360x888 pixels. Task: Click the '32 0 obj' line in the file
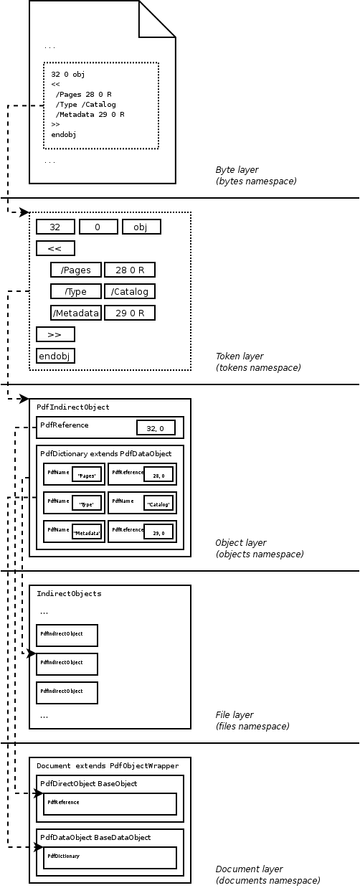point(68,74)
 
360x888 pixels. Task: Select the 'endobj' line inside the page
point(64,134)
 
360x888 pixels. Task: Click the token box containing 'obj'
point(141,227)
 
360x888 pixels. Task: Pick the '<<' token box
point(55,248)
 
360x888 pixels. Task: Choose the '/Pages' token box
point(76,270)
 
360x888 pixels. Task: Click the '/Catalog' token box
point(130,291)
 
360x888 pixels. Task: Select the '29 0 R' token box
point(130,313)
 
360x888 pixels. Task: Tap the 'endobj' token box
point(55,356)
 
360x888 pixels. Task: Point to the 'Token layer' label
point(240,356)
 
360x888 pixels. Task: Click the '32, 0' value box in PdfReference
point(156,428)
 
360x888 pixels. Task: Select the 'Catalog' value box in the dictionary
point(158,504)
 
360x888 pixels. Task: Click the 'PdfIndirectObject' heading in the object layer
point(73,407)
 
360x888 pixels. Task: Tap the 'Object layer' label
point(241,543)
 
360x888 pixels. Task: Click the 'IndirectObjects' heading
point(69,593)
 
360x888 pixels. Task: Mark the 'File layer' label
point(235,715)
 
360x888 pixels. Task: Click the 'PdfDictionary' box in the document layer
point(110,857)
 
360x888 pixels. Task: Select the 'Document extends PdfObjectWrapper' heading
point(108,765)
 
